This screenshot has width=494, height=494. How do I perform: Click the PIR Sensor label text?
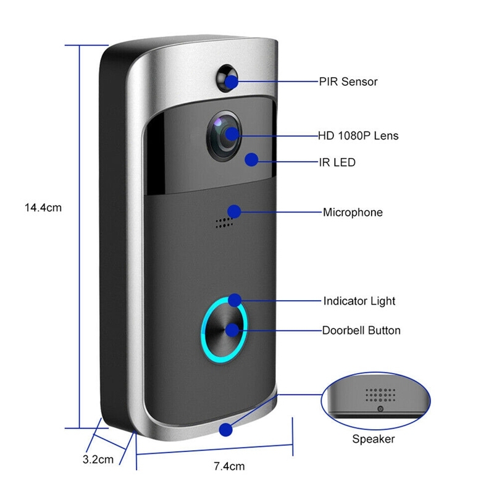(348, 82)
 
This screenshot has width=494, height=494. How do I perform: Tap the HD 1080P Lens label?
(358, 136)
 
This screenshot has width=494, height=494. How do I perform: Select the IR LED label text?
(337, 162)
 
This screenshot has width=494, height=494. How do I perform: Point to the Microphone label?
(353, 212)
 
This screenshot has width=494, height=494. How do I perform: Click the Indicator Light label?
(359, 301)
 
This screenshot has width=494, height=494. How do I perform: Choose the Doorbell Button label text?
(361, 330)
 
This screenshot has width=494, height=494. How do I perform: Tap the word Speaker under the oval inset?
(374, 439)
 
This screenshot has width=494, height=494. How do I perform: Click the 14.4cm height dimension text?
(43, 207)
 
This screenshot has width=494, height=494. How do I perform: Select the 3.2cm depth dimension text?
(98, 459)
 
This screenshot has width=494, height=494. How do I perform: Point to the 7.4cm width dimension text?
(229, 466)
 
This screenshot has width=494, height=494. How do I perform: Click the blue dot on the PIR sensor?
(232, 82)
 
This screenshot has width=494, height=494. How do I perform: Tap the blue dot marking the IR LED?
(251, 160)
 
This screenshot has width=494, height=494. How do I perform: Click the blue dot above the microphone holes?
(234, 211)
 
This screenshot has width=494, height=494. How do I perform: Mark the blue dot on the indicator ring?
(235, 300)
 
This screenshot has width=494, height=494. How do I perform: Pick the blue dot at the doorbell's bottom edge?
(225, 430)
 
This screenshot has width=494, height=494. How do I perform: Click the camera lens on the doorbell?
(224, 135)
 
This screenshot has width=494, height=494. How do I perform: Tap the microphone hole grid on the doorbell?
(224, 222)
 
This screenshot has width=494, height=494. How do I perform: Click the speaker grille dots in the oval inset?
(380, 395)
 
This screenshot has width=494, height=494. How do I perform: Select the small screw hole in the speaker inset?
(380, 409)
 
